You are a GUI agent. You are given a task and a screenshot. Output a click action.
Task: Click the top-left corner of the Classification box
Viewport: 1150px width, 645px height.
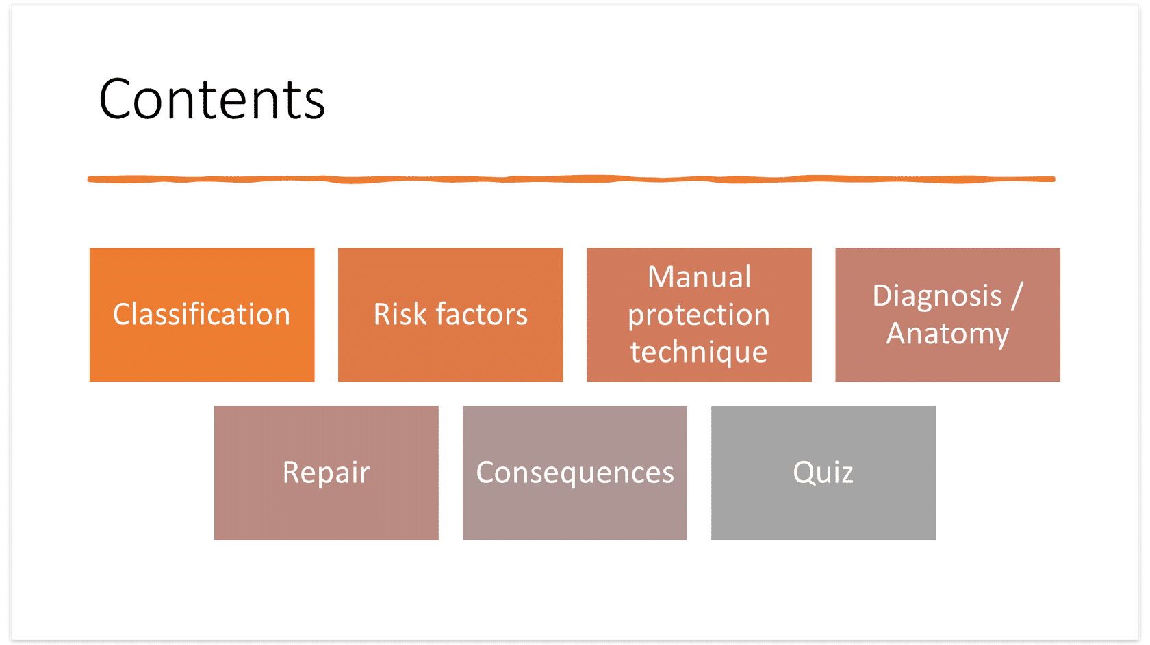90,248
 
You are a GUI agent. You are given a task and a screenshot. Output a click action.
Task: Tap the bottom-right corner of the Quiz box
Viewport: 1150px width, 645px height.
935,540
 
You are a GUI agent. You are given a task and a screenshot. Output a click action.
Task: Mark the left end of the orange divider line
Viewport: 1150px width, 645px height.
88,179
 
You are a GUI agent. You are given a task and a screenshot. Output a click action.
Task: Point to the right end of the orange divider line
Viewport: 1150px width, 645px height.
1054,179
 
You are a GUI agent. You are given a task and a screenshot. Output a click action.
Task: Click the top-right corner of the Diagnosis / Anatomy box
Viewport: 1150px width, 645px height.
1060,248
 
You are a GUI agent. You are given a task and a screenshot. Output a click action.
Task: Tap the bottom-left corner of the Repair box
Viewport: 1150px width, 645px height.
214,540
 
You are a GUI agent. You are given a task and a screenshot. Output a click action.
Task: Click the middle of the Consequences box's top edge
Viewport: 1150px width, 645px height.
574,406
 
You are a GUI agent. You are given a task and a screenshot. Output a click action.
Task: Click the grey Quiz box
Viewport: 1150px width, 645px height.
823,473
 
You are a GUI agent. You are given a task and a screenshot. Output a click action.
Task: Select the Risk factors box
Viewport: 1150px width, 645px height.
450,315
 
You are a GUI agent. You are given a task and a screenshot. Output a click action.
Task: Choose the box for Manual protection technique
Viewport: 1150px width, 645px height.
700,315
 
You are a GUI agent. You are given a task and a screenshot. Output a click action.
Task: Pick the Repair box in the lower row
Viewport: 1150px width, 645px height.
326,473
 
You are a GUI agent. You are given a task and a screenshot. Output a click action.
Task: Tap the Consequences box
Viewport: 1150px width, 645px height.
574,473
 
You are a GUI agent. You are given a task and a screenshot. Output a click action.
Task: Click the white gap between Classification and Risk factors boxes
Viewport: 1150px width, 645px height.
327,315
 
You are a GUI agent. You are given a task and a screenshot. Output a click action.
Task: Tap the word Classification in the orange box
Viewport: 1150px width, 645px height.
202,314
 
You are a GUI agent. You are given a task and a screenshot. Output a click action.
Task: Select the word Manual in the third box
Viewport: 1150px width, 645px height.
700,277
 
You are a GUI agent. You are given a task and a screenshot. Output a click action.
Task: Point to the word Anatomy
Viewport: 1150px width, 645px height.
947,334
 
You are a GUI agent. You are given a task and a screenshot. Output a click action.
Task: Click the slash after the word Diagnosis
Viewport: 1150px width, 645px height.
1017,295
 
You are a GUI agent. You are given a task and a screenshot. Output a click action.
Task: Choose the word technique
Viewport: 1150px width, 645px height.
700,353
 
